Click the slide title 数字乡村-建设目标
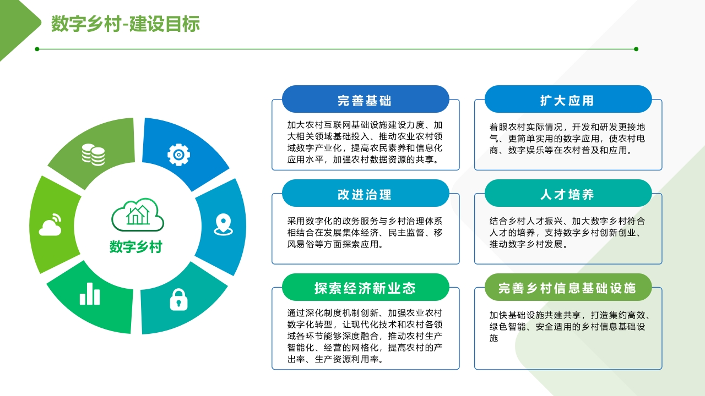[x=125, y=24]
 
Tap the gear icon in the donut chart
[x=178, y=155]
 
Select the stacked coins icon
[x=94, y=155]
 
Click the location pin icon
[x=223, y=224]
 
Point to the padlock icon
[x=179, y=300]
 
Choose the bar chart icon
[x=90, y=294]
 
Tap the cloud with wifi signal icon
[x=50, y=225]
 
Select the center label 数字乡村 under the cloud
[x=136, y=247]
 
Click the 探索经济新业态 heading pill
[x=365, y=287]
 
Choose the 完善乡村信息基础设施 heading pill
[x=568, y=287]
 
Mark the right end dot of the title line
[x=636, y=49]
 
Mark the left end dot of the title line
[x=37, y=49]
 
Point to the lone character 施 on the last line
[x=494, y=338]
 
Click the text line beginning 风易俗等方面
[x=335, y=244]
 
